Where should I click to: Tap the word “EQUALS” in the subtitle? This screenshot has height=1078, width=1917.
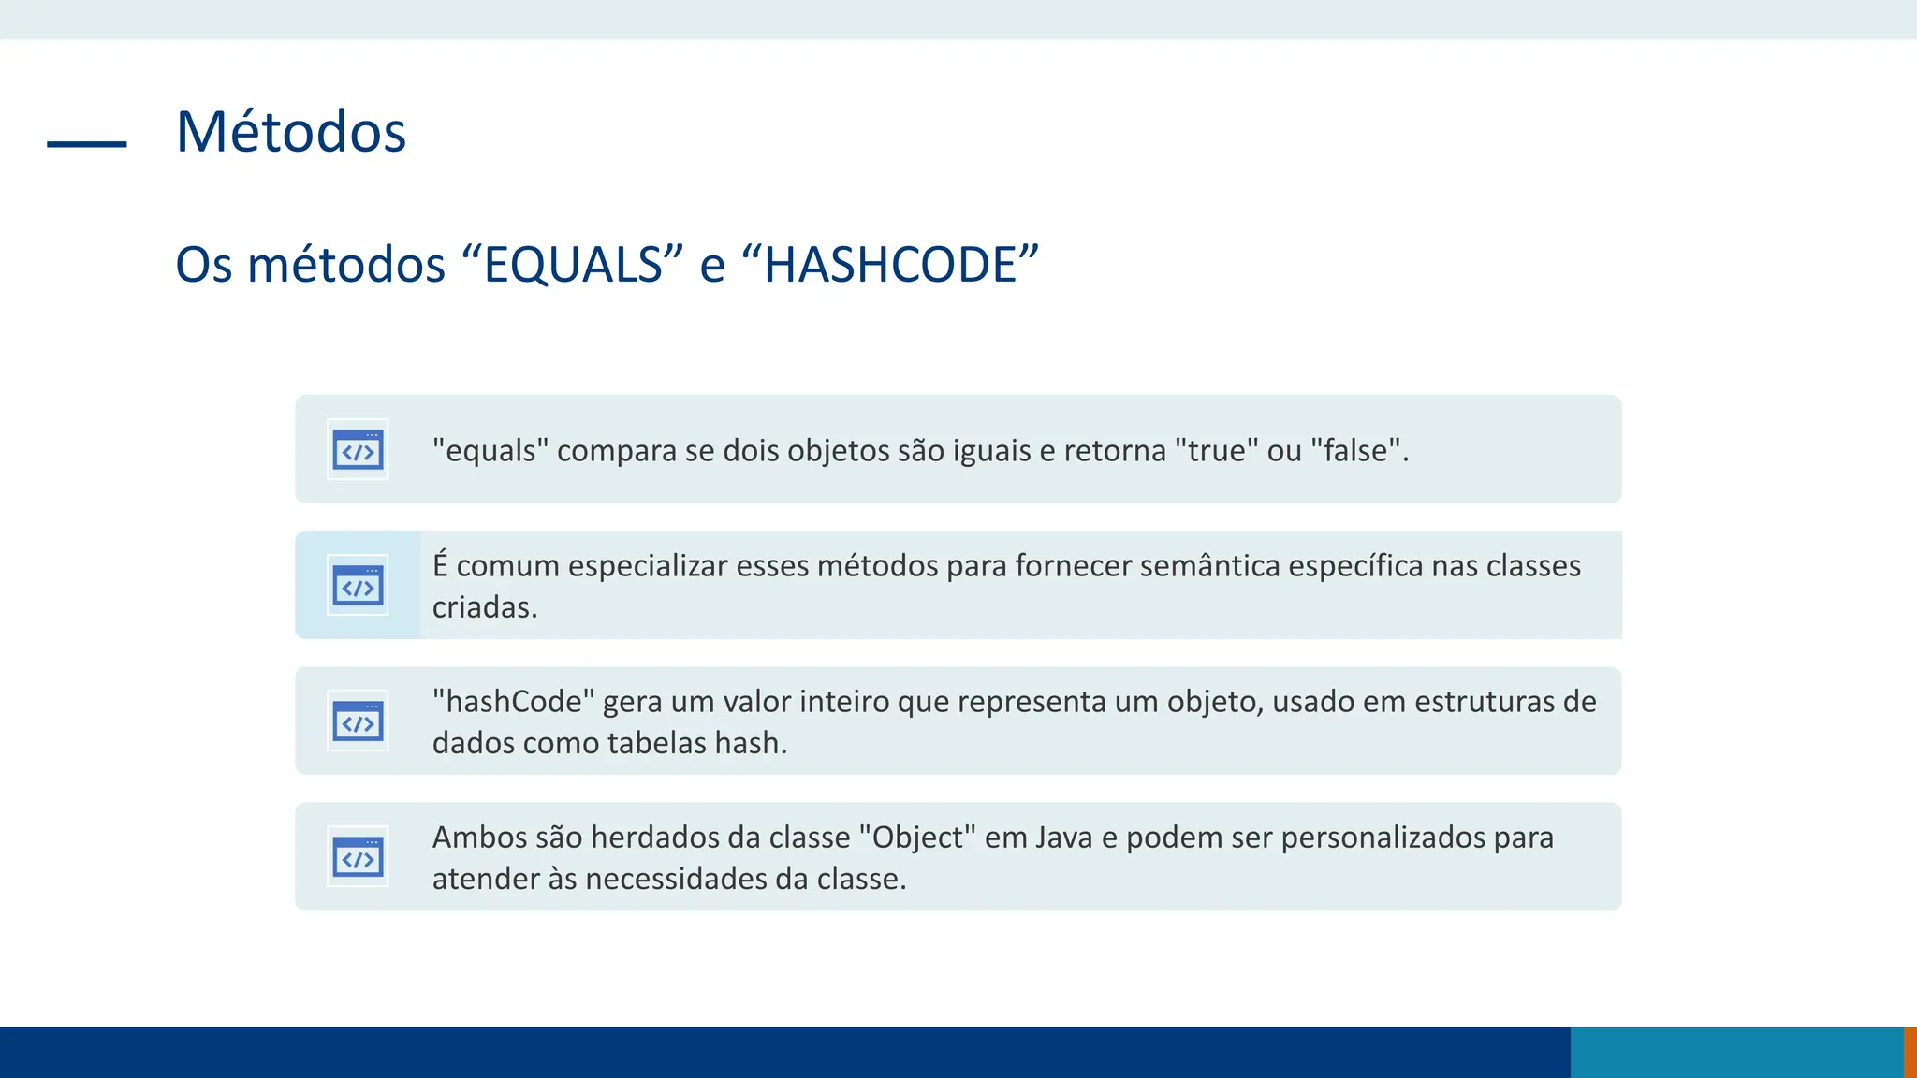click(x=574, y=265)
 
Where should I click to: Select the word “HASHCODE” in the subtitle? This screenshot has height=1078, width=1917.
click(x=889, y=265)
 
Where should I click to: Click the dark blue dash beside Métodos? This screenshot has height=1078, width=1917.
click(x=87, y=144)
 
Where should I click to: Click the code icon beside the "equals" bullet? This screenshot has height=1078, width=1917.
click(x=358, y=450)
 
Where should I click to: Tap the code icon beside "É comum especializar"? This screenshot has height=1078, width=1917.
click(x=358, y=586)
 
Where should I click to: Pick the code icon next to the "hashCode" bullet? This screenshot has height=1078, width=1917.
click(x=358, y=721)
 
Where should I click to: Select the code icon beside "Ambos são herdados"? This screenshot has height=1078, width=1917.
click(x=358, y=857)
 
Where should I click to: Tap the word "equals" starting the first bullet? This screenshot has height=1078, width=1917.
click(x=490, y=451)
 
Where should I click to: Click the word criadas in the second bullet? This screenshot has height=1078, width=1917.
click(x=484, y=607)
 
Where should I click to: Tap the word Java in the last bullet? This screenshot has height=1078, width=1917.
click(x=1064, y=838)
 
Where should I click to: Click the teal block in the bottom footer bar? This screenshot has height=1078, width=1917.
click(x=1736, y=1052)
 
